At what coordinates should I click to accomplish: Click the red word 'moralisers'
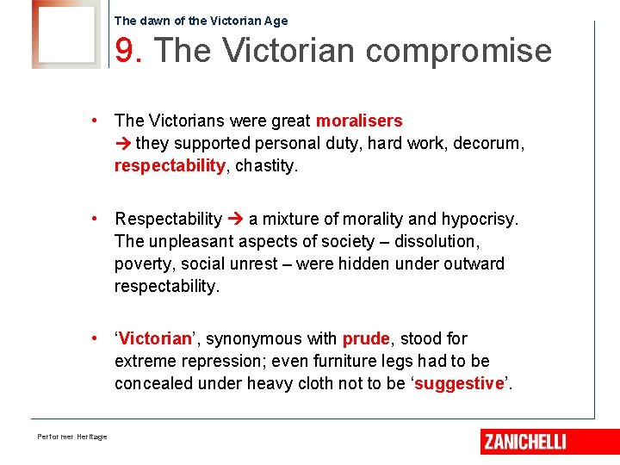coord(359,121)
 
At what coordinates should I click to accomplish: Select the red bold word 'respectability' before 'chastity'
coord(170,166)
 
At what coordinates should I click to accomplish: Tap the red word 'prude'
coord(366,339)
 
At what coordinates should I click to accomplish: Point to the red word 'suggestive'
coord(459,384)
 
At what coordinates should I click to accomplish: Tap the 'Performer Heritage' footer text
coord(72,437)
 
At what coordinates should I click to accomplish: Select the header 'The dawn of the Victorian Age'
coord(201,21)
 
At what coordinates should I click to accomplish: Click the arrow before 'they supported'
coord(123,144)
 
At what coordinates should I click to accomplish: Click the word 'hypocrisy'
coord(479,220)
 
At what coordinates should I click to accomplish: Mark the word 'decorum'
coord(489,144)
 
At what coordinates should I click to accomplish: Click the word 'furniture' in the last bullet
coord(321,362)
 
